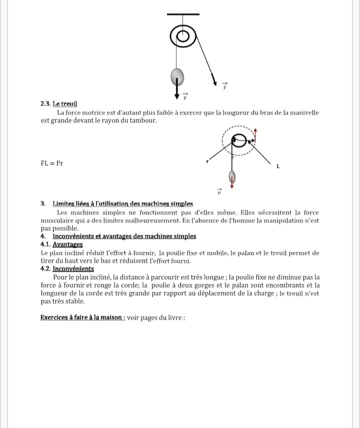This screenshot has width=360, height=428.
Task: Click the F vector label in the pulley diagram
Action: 225,85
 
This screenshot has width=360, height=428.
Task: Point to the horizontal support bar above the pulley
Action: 183,14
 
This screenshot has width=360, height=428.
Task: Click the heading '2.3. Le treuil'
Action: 58,104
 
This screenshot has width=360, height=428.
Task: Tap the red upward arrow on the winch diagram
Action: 255,133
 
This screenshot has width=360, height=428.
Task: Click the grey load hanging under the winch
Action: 231,177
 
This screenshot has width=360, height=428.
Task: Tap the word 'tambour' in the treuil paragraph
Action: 135,120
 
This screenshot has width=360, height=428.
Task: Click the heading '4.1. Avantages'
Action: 61,245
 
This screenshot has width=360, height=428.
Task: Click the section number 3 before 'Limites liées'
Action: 42,203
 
